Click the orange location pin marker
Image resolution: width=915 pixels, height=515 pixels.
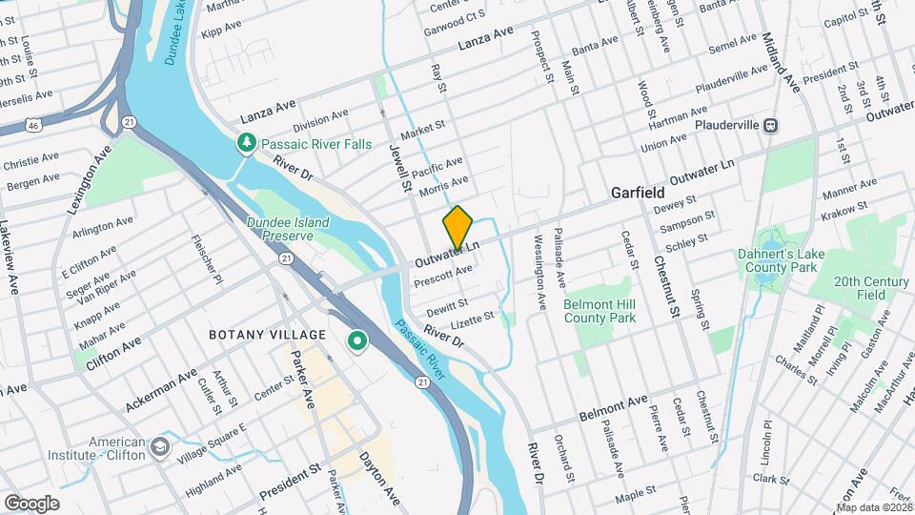coord(457,227)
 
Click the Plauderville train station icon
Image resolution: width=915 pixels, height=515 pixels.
coord(773,125)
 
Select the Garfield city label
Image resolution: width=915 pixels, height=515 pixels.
coord(637,193)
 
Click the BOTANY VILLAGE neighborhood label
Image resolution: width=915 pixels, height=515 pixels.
coord(268,335)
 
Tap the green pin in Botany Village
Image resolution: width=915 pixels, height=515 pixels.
coord(357,340)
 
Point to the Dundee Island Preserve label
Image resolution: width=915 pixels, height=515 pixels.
coord(287,229)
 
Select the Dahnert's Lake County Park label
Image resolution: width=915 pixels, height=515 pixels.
coord(791,260)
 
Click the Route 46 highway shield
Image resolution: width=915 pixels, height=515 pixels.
coord(33,124)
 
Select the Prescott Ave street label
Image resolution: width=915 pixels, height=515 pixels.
coord(443,277)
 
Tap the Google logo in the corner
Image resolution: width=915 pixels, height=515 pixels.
coord(31,503)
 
